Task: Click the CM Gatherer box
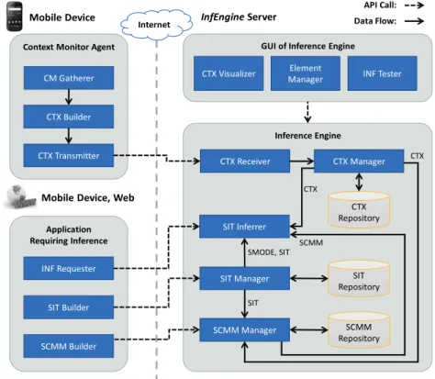69,78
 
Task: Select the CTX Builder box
69,117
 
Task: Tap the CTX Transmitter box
69,155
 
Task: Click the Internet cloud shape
156,25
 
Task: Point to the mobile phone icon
15,17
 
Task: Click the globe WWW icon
20,196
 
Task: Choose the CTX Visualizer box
229,73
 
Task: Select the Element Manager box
306,73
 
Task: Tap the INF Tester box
382,73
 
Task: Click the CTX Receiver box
245,162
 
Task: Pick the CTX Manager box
359,162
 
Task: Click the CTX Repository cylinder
359,210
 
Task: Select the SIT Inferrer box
244,227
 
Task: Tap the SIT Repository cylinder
359,279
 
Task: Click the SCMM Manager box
245,330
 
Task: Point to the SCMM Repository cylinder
359,330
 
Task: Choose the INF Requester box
69,268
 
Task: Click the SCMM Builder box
69,346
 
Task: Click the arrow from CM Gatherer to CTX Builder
69,97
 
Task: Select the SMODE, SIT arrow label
268,252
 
